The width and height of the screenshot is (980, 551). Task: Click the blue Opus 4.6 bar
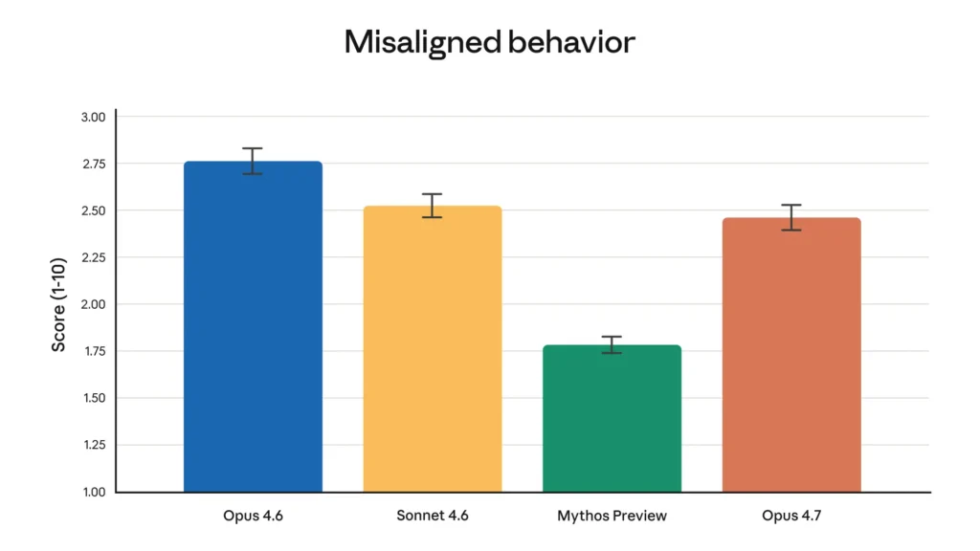click(x=253, y=325)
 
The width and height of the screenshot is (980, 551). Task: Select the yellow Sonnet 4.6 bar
click(x=433, y=349)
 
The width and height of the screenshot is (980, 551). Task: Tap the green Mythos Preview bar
click(x=612, y=418)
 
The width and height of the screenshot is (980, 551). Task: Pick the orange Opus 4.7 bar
click(x=791, y=354)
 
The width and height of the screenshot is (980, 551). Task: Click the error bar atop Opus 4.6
click(x=253, y=161)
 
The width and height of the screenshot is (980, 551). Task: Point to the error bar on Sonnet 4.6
click(x=433, y=206)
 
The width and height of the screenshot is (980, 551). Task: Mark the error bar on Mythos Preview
click(x=612, y=344)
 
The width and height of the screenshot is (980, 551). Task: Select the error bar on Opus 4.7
click(x=791, y=217)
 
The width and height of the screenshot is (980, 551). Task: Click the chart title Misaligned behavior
click(x=489, y=42)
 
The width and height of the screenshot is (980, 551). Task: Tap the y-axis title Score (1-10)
click(x=59, y=303)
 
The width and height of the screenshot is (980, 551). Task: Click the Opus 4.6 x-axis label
click(x=253, y=516)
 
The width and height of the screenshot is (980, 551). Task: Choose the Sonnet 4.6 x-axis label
click(x=433, y=516)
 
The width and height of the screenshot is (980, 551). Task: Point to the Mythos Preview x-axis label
click(x=612, y=516)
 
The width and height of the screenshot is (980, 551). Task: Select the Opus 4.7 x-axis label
click(x=791, y=516)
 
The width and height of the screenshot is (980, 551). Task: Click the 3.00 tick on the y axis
click(x=93, y=117)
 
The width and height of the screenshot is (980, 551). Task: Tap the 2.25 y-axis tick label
click(x=93, y=257)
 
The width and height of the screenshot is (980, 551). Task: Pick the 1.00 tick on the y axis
click(x=93, y=492)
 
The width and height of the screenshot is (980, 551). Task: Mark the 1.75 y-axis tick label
click(x=93, y=351)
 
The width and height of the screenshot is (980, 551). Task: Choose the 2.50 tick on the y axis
click(x=93, y=210)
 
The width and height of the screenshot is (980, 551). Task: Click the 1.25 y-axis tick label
click(x=93, y=445)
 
